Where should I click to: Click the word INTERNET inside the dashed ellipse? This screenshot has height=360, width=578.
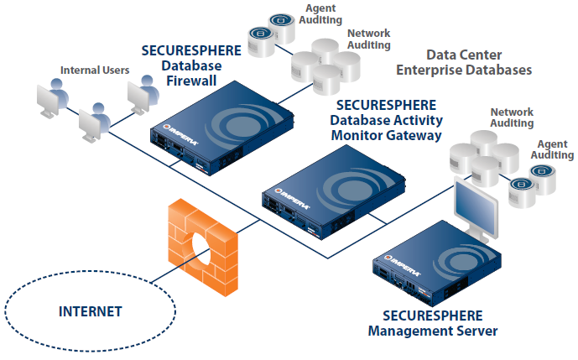coord(90,311)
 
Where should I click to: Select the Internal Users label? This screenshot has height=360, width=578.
coord(94,70)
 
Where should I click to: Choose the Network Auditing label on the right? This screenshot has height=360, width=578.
coord(512,117)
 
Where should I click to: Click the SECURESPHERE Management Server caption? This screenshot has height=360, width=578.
coord(433,322)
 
